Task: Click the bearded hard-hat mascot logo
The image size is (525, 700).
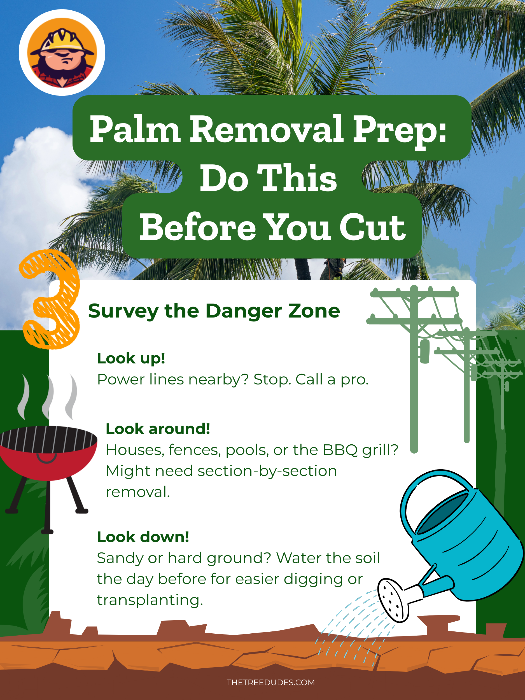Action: click(62, 53)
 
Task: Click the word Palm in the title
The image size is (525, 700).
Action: click(135, 129)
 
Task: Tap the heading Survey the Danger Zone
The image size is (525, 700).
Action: click(214, 311)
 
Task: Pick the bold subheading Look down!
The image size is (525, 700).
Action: click(143, 537)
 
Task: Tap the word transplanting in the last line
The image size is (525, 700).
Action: click(150, 600)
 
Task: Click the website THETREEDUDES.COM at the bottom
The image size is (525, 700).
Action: click(271, 682)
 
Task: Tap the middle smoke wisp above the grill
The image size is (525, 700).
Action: click(48, 397)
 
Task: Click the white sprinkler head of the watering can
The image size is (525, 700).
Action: click(393, 600)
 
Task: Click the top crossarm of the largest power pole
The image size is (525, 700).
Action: click(415, 294)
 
